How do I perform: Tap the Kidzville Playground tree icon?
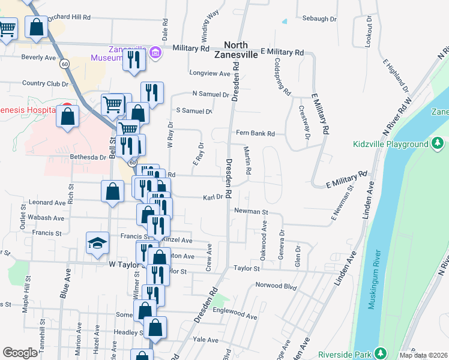tap(438, 144)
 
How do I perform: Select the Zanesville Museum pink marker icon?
tap(155, 53)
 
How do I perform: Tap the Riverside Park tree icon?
tap(379, 353)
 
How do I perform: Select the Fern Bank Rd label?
tap(255, 133)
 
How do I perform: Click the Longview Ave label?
tap(209, 74)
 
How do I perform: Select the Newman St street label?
tap(250, 211)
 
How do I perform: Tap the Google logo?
tap(20, 353)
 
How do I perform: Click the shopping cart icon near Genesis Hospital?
tap(113, 104)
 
